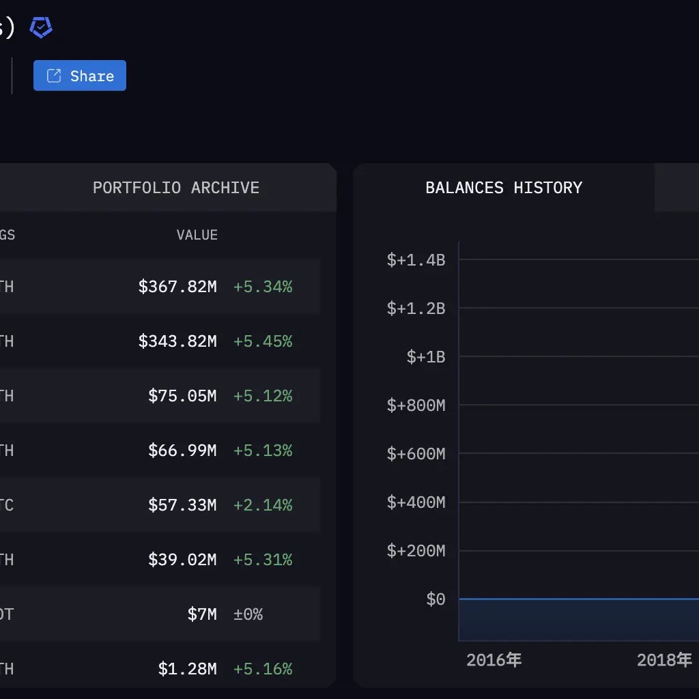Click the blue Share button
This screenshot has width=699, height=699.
[80, 76]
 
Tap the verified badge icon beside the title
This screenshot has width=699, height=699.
[41, 27]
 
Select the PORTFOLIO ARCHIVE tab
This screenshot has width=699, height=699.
[175, 188]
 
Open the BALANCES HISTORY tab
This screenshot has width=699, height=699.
[504, 188]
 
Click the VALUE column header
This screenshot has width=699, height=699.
[197, 235]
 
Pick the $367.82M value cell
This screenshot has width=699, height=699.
[177, 287]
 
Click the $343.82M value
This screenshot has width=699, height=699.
[177, 341]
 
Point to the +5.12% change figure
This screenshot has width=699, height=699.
[263, 396]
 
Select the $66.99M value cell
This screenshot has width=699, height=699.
[182, 451]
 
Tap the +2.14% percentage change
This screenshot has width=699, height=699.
[263, 505]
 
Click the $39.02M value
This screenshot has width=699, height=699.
[182, 560]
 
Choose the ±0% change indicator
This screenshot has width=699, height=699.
[248, 614]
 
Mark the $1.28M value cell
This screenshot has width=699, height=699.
[187, 669]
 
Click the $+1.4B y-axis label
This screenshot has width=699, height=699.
[416, 260]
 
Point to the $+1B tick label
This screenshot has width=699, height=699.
[425, 357]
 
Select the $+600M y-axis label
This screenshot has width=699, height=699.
[416, 454]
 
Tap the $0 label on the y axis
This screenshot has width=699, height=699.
[436, 599]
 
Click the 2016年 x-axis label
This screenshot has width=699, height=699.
[494, 660]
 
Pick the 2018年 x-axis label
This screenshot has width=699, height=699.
[664, 660]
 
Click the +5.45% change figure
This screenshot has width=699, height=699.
[263, 341]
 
